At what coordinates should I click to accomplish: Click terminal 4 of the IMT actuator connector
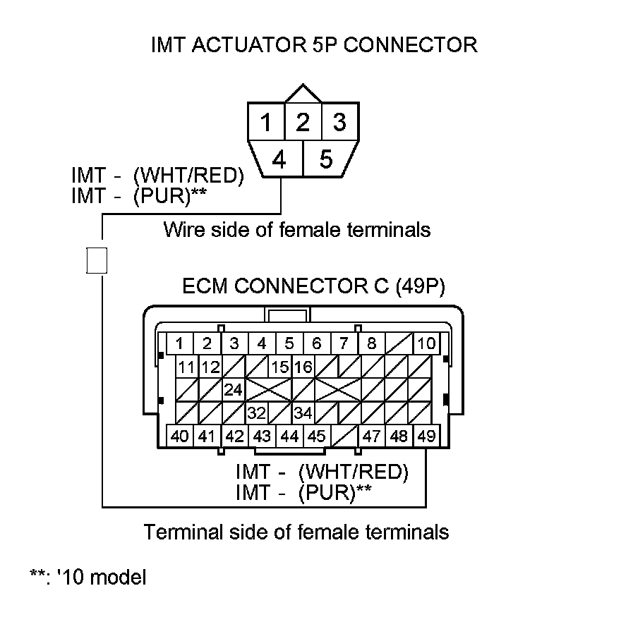(279, 160)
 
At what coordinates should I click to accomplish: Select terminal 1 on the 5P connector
(266, 123)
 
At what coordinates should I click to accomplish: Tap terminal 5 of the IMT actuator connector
(325, 159)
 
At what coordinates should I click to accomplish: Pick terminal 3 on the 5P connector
(339, 123)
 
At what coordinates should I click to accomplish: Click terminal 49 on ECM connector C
(426, 436)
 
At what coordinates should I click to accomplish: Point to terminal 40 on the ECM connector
(180, 436)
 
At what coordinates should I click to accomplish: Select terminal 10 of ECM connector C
(427, 344)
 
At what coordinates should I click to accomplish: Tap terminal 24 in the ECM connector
(234, 389)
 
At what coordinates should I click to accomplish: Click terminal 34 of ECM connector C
(303, 413)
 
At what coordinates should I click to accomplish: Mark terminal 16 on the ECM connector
(303, 367)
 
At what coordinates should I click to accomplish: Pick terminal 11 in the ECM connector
(186, 367)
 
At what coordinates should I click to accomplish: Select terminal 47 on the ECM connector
(372, 436)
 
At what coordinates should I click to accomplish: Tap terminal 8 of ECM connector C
(371, 344)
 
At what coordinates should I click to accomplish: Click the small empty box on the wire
(96, 260)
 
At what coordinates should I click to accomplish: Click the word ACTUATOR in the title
(245, 45)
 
